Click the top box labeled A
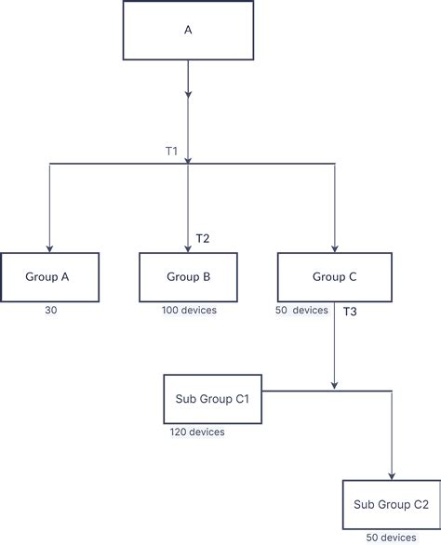[188, 30]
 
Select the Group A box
[49, 276]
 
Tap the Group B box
[188, 276]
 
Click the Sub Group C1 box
[211, 399]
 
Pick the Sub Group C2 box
[391, 505]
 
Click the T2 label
[203, 239]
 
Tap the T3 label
[350, 312]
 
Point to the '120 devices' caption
[196, 432]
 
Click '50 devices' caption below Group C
[302, 310]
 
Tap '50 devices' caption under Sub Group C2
[391, 538]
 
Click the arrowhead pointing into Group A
[49, 247]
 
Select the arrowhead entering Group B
[188, 247]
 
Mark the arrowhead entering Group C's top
[334, 247]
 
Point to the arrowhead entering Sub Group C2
[392, 475]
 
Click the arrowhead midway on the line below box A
[188, 94]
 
